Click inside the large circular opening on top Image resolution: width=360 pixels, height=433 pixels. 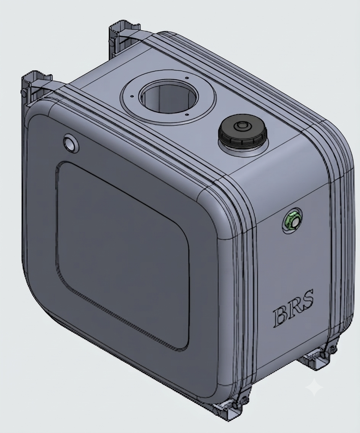click(169, 98)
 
